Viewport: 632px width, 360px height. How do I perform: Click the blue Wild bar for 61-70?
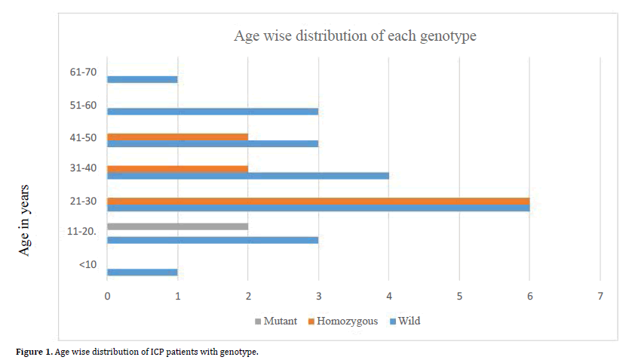(x=143, y=79)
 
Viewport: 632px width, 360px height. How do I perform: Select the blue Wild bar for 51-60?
(x=213, y=111)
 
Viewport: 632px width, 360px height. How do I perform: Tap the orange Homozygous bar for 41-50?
(x=177, y=137)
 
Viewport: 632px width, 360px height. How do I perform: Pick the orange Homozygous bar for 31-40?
(x=177, y=169)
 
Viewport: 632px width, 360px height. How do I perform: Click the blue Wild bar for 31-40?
(x=248, y=176)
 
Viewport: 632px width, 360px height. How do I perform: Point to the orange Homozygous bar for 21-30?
(x=318, y=201)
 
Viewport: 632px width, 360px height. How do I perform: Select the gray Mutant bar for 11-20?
(x=177, y=226)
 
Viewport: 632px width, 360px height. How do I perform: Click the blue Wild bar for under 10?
(x=143, y=272)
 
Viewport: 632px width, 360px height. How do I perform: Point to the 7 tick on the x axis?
(x=600, y=297)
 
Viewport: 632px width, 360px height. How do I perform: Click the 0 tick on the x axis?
(x=107, y=297)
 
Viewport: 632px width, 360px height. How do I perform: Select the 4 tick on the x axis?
(x=388, y=297)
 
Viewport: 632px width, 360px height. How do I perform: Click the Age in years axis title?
(x=25, y=219)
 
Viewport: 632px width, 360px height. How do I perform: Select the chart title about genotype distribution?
(x=354, y=35)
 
